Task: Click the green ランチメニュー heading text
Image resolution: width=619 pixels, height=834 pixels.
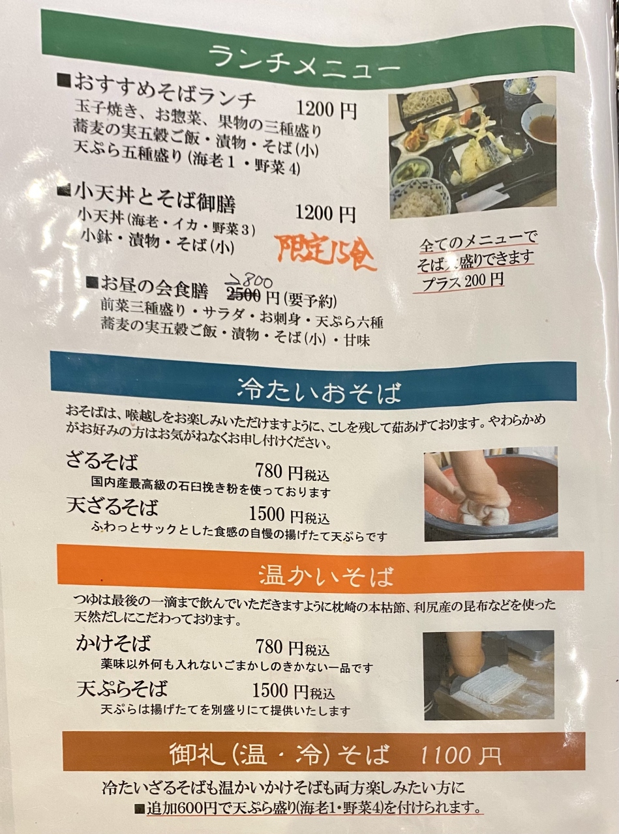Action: click(304, 61)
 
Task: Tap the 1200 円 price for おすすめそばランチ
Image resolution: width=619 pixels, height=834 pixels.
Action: click(326, 109)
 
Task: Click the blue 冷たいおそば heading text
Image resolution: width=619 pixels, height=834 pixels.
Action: click(318, 392)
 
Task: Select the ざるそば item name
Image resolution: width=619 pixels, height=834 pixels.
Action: click(102, 461)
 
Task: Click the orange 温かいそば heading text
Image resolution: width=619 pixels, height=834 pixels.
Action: click(326, 577)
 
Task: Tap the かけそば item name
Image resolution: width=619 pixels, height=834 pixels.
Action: click(113, 643)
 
